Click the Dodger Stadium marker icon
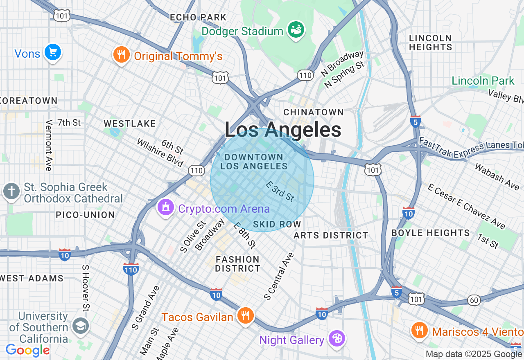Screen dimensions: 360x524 (x=296, y=29)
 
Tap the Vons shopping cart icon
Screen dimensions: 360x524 (x=52, y=52)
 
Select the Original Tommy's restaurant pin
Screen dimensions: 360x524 (x=121, y=54)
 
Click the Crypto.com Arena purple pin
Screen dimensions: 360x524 (x=165, y=207)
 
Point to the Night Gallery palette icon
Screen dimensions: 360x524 (x=337, y=338)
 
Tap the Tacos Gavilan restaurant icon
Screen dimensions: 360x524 (x=245, y=315)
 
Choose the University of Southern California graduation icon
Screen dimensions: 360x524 (x=80, y=326)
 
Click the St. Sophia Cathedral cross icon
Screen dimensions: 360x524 (x=11, y=191)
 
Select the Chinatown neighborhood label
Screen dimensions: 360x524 (x=314, y=112)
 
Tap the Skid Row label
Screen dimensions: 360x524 (x=277, y=224)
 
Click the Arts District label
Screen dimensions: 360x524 (x=331, y=235)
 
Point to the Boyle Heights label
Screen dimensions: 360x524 (x=430, y=233)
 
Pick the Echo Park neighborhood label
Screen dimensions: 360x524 (x=198, y=17)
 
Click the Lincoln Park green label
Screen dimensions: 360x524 (x=483, y=81)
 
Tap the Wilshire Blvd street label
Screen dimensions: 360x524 (x=160, y=153)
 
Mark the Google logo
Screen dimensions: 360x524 (x=27, y=350)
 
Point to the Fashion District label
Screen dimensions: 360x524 (x=237, y=264)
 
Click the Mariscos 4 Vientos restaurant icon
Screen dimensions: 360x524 (x=418, y=329)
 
